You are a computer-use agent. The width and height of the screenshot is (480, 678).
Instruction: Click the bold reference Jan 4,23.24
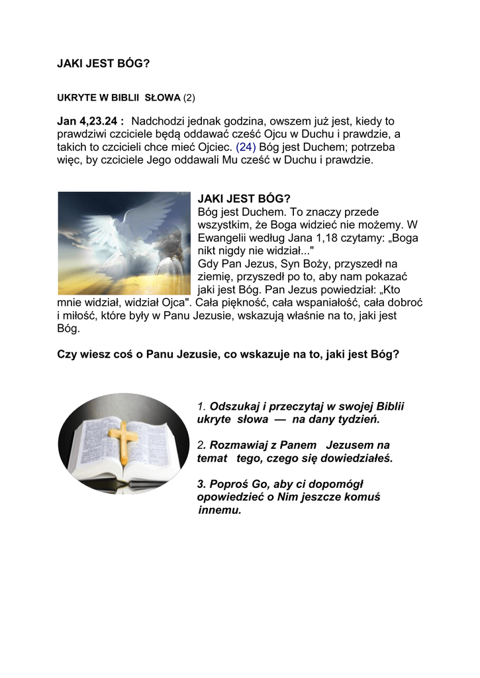91,121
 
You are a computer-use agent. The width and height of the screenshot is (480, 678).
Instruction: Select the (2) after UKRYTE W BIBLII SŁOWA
189,97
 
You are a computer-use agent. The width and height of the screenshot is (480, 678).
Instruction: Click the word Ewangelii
222,238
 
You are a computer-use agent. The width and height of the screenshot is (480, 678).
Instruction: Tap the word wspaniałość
317,303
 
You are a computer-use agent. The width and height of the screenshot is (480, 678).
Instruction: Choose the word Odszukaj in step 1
238,406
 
